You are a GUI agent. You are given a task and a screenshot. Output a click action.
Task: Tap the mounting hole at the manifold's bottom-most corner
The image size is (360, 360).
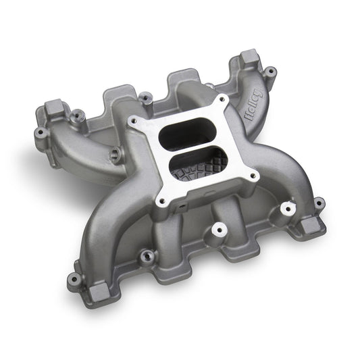point(72,278)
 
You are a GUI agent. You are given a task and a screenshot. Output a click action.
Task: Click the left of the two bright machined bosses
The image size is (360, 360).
point(217,231)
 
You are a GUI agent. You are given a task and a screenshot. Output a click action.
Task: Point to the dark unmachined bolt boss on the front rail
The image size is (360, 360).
point(145,257)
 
